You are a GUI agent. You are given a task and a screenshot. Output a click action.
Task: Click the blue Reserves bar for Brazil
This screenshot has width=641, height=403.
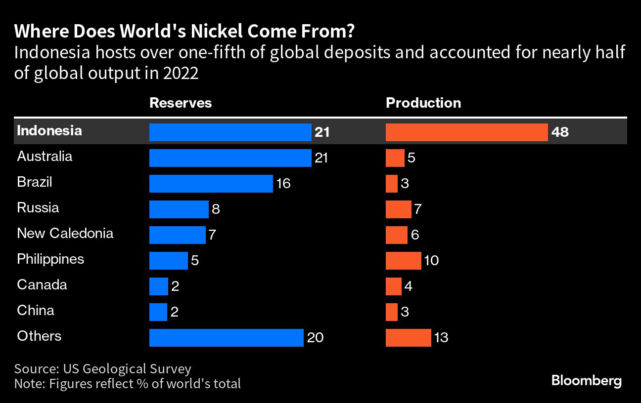(x=211, y=184)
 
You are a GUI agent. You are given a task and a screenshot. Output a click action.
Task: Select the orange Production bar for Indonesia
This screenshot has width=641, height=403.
(x=466, y=132)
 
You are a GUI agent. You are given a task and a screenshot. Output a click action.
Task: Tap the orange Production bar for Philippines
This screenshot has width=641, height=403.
(x=403, y=260)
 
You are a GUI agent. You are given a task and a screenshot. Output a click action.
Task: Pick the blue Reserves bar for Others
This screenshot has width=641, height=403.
(x=226, y=338)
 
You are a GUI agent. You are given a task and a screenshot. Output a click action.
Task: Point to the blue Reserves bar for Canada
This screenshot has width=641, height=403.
(x=158, y=286)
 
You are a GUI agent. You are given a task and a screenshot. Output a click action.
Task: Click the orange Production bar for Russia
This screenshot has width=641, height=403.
(x=398, y=209)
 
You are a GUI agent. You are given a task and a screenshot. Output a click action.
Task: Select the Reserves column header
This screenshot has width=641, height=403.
(x=181, y=103)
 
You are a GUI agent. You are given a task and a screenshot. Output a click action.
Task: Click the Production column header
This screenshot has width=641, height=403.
(x=423, y=103)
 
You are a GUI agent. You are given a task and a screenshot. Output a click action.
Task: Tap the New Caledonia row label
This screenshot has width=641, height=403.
(x=65, y=233)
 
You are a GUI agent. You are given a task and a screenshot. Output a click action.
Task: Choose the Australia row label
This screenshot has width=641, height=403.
(x=45, y=157)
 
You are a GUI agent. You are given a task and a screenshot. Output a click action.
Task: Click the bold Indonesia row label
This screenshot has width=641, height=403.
(x=49, y=131)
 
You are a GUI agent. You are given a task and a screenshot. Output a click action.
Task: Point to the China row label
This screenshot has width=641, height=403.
(x=36, y=311)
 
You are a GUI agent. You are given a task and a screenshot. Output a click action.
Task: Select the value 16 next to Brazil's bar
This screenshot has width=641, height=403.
(x=283, y=184)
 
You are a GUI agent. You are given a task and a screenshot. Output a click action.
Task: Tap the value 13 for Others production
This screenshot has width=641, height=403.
(x=441, y=338)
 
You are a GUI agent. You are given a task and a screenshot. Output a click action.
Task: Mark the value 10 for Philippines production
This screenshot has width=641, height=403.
(x=431, y=260)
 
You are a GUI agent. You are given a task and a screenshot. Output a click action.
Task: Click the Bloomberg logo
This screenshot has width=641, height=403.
(x=586, y=381)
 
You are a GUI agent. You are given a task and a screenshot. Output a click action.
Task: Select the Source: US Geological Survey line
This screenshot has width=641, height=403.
(x=102, y=369)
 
